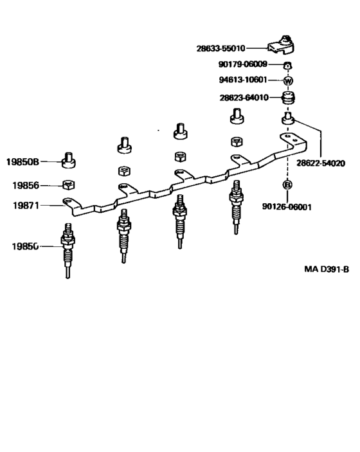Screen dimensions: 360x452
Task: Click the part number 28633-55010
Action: point(221,48)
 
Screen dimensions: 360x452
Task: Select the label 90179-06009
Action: point(243,64)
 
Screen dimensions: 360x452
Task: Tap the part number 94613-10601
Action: point(243,80)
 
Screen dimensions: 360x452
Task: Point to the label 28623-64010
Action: point(244,98)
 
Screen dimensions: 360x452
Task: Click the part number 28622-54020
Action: point(321,163)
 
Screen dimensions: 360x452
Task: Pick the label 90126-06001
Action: point(287,206)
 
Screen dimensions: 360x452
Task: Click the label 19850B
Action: point(22,162)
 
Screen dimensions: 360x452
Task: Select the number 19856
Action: point(26,185)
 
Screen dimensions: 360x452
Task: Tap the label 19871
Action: point(26,206)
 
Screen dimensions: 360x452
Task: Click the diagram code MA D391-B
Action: point(327,269)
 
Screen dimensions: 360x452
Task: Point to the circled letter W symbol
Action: point(288,80)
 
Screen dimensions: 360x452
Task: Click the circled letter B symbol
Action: point(287,184)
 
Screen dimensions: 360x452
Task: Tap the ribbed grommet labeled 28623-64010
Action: point(288,98)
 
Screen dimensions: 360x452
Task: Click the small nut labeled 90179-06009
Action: point(287,65)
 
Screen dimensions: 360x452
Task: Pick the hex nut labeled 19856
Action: point(69,185)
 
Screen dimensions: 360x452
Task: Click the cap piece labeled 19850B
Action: point(69,160)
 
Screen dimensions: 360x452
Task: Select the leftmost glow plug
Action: point(67,250)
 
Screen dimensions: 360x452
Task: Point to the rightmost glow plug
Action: point(237,206)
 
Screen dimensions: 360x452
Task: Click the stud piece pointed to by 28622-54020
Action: point(287,118)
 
